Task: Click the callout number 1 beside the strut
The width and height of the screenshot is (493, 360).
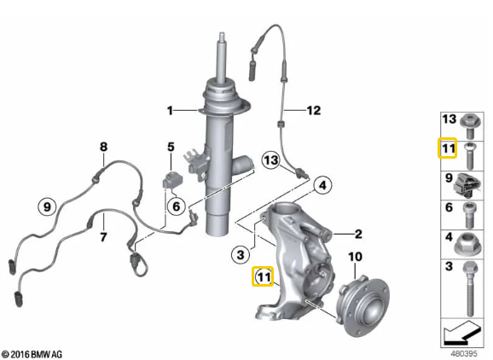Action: click(x=170, y=111)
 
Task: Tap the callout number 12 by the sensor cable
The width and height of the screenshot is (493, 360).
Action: click(x=314, y=110)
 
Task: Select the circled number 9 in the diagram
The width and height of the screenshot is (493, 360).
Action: click(x=47, y=207)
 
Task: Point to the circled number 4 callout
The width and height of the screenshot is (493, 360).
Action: click(x=323, y=185)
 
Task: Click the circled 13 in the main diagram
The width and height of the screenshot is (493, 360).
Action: click(x=271, y=160)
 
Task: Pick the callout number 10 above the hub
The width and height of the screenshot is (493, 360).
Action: click(x=356, y=257)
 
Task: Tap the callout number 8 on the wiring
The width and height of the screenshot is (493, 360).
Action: click(x=103, y=147)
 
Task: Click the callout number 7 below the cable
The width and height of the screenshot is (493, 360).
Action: click(x=103, y=236)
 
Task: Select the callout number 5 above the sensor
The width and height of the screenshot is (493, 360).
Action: click(x=171, y=147)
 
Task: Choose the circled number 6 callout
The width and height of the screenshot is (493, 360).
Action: click(x=177, y=206)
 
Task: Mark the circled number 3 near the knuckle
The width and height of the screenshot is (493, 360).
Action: click(x=241, y=254)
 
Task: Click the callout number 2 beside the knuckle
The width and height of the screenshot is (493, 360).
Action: click(x=358, y=234)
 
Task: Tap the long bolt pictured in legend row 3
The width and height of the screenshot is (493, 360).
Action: click(x=470, y=288)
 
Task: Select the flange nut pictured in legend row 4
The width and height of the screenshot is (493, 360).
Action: click(x=467, y=243)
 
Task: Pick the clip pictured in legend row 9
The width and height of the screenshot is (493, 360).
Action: click(x=467, y=185)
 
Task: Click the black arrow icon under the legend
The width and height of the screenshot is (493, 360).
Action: click(x=461, y=334)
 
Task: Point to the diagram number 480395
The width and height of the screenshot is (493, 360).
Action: click(x=464, y=353)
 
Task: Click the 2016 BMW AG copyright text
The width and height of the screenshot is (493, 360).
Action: click(x=32, y=354)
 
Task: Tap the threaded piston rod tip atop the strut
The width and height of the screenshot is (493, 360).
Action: click(x=222, y=37)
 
